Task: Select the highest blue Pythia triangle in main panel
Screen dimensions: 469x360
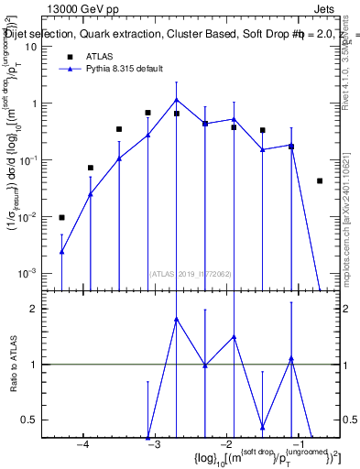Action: (177, 100)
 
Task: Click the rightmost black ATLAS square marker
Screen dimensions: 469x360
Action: (320, 180)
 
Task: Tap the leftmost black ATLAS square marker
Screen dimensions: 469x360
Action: (61, 217)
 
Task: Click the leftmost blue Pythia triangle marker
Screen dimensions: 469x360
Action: (61, 251)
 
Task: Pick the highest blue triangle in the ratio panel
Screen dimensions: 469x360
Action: (177, 319)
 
